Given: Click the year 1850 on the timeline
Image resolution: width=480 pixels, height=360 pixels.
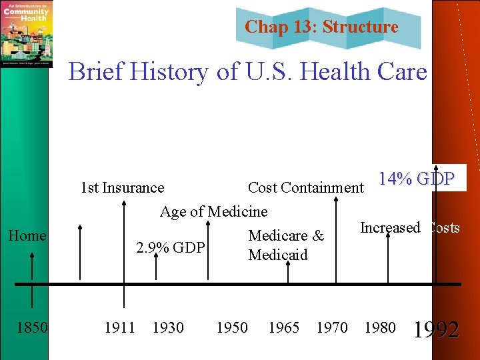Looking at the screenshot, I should click(x=32, y=327).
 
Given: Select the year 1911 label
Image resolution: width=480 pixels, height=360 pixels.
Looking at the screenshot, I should click(x=120, y=327).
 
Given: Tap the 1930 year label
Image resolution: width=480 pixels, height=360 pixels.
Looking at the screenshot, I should click(x=168, y=327).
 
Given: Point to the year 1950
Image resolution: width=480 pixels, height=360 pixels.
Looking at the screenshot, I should click(x=232, y=327).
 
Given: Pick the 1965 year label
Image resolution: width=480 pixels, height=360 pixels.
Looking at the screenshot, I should click(x=283, y=327).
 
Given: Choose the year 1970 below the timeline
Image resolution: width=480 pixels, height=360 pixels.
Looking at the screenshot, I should click(x=331, y=327).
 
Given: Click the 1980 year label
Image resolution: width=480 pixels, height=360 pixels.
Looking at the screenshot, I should click(x=379, y=327).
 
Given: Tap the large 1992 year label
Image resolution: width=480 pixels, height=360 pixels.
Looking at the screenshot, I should click(x=436, y=329).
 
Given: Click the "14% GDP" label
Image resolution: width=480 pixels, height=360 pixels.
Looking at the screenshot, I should click(x=417, y=179).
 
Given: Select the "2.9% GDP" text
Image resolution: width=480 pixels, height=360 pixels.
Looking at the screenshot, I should click(x=170, y=249).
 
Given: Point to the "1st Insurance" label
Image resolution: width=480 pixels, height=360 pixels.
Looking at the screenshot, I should click(x=122, y=188).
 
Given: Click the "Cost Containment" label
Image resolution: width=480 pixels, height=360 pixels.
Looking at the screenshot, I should click(x=306, y=188).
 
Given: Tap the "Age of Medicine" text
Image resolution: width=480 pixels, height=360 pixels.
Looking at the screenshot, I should click(x=213, y=212).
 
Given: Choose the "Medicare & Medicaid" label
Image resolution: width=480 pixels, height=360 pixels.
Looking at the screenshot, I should click(x=285, y=245).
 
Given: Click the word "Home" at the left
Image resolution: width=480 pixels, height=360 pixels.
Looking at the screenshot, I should click(x=27, y=235).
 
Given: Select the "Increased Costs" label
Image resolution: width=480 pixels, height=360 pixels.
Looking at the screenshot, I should click(x=409, y=228).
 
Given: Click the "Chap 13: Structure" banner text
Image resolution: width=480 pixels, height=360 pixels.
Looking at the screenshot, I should click(x=321, y=27).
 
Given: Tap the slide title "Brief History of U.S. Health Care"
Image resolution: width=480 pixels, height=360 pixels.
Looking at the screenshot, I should click(x=247, y=71).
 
